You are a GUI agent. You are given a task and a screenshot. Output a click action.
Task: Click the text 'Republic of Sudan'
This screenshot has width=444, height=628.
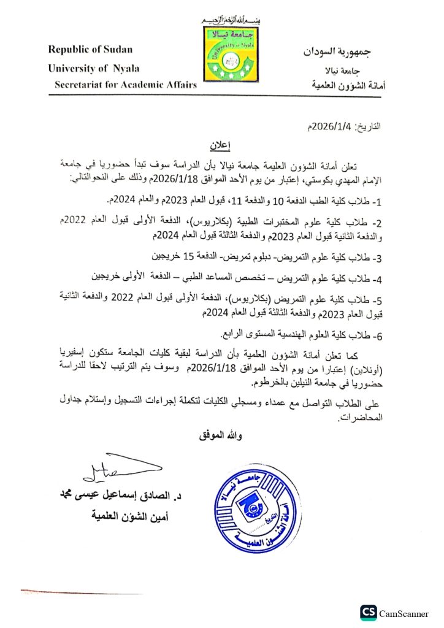pyautogui.click(x=90, y=50)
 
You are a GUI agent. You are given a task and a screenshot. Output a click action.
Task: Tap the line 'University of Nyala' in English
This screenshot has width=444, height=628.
pyautogui.click(x=93, y=68)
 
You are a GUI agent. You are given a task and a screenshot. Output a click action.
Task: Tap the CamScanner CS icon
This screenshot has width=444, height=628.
pyautogui.click(x=368, y=612)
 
